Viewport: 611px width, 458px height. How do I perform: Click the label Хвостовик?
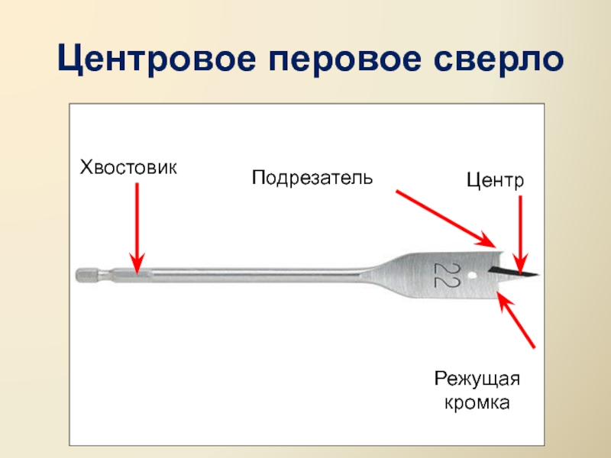pyautogui.click(x=128, y=166)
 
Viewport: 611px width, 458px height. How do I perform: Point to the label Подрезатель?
pyautogui.click(x=312, y=178)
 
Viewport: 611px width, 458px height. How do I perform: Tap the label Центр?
pyautogui.click(x=495, y=182)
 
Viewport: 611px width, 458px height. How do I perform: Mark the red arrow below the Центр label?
pyautogui.click(x=521, y=233)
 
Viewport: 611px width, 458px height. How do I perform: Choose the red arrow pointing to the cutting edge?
pyautogui.click(x=518, y=321)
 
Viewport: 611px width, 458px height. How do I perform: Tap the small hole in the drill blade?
pyautogui.click(x=474, y=273)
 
